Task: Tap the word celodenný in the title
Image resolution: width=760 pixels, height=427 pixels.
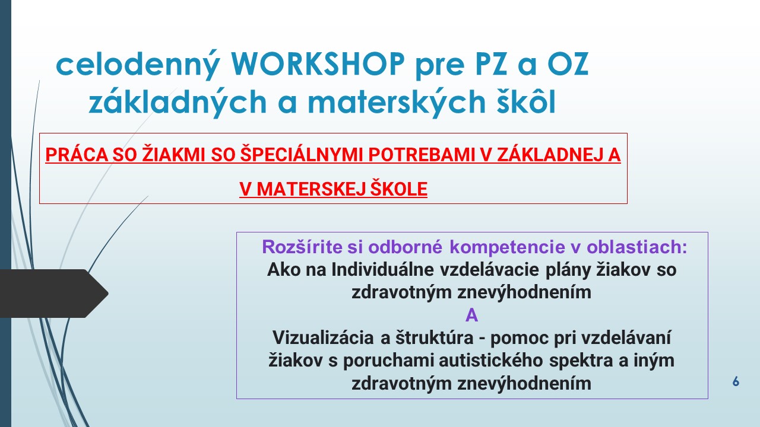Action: point(138,65)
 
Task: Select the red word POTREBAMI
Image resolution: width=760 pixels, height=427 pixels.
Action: point(422,155)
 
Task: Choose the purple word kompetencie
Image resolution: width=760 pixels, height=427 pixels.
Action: point(507,247)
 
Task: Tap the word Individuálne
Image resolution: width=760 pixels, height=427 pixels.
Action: point(382,270)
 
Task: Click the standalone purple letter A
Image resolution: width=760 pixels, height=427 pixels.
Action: point(471,316)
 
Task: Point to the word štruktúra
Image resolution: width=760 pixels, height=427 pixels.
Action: point(434,338)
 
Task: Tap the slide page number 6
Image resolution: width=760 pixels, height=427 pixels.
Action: point(736,381)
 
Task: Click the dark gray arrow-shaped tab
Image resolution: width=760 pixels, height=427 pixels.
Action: point(53,294)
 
